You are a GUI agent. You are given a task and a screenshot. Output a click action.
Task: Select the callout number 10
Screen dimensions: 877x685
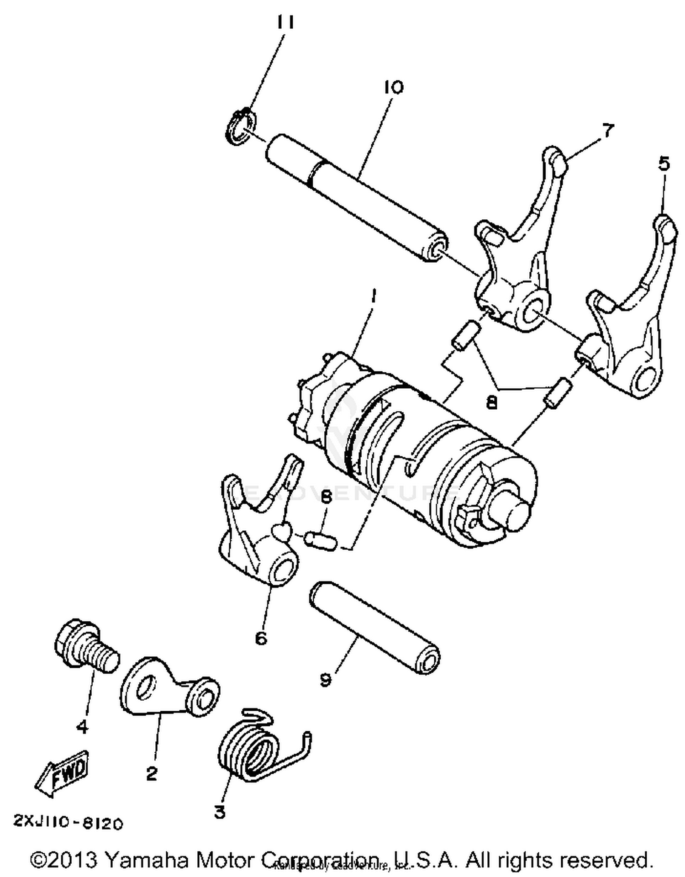pyautogui.click(x=394, y=87)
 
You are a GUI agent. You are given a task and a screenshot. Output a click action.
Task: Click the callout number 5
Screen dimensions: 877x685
pyautogui.click(x=664, y=164)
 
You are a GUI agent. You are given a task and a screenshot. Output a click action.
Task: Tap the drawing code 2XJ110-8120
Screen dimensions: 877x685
pyautogui.click(x=68, y=823)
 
